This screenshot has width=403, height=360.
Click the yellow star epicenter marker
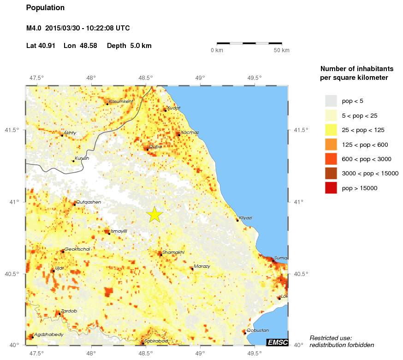click(x=155, y=214)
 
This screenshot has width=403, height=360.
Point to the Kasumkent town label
click(x=121, y=101)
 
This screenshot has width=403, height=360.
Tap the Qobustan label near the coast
click(x=258, y=330)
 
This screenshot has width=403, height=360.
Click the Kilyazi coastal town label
click(x=245, y=217)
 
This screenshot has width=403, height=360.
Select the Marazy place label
click(x=201, y=266)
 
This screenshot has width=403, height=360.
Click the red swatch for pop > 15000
click(x=331, y=188)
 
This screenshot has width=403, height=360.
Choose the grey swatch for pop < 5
click(x=331, y=100)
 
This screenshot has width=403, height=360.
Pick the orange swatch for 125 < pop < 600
click(x=331, y=144)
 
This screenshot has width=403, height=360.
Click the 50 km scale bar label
click(x=281, y=50)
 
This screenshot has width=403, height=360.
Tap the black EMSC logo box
click(x=277, y=342)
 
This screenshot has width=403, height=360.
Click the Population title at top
click(x=46, y=8)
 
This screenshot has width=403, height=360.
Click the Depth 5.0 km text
click(x=129, y=46)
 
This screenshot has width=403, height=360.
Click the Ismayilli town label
click(x=119, y=231)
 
